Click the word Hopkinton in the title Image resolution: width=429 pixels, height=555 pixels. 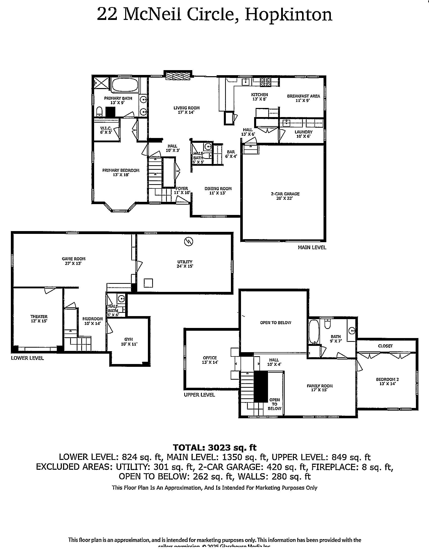click(288, 14)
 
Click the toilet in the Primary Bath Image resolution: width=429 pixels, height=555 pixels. click(99, 111)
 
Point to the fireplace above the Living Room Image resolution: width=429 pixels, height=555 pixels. click(178, 76)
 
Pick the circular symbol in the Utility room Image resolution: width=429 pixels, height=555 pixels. click(189, 241)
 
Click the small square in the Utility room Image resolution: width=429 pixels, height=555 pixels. click(148, 283)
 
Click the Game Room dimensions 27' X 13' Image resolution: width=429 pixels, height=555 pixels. click(73, 264)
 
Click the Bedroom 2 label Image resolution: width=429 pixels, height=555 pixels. click(387, 379)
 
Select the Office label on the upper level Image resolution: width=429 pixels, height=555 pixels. click(210, 358)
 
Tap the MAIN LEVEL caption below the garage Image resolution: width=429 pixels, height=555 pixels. click(312, 247)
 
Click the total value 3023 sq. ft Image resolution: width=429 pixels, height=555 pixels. click(232, 447)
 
